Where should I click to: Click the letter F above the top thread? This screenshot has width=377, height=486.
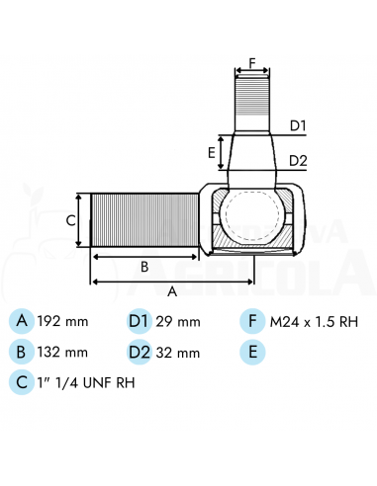point(252,62)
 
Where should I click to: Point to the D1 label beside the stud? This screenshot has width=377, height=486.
point(298,125)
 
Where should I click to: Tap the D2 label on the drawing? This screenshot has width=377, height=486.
point(298,161)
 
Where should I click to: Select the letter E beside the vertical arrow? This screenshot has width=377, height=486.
point(212,153)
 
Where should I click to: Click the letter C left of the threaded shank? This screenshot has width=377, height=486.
point(71,220)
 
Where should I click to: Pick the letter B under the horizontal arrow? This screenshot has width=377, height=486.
point(144,267)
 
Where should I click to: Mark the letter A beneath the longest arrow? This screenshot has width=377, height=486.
point(172,291)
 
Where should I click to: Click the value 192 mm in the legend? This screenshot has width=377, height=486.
point(62,321)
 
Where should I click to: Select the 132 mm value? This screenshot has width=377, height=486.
point(62,353)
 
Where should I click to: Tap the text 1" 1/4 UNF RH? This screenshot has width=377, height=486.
point(86,383)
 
